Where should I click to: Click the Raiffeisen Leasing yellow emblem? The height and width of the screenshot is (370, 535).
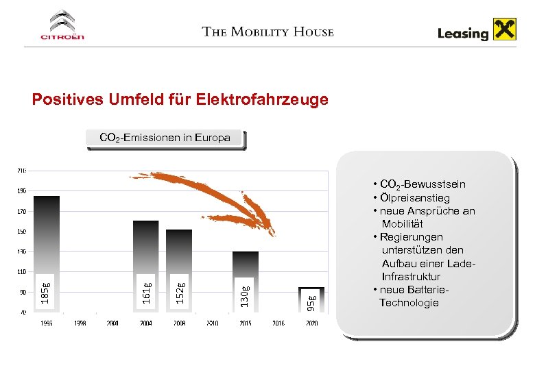[x=506, y=31]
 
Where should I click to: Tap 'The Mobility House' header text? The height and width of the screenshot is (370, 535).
[x=268, y=32]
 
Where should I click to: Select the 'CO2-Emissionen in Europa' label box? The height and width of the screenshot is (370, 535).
[x=164, y=138]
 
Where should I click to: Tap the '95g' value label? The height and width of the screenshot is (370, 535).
[x=311, y=301]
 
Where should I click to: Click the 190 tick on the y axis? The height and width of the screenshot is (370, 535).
[x=22, y=190]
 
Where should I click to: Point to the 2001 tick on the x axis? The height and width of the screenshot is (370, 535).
[x=112, y=323]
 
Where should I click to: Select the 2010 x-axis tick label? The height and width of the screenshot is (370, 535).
[x=212, y=323]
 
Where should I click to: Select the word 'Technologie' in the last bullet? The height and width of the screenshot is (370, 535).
[x=409, y=302]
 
